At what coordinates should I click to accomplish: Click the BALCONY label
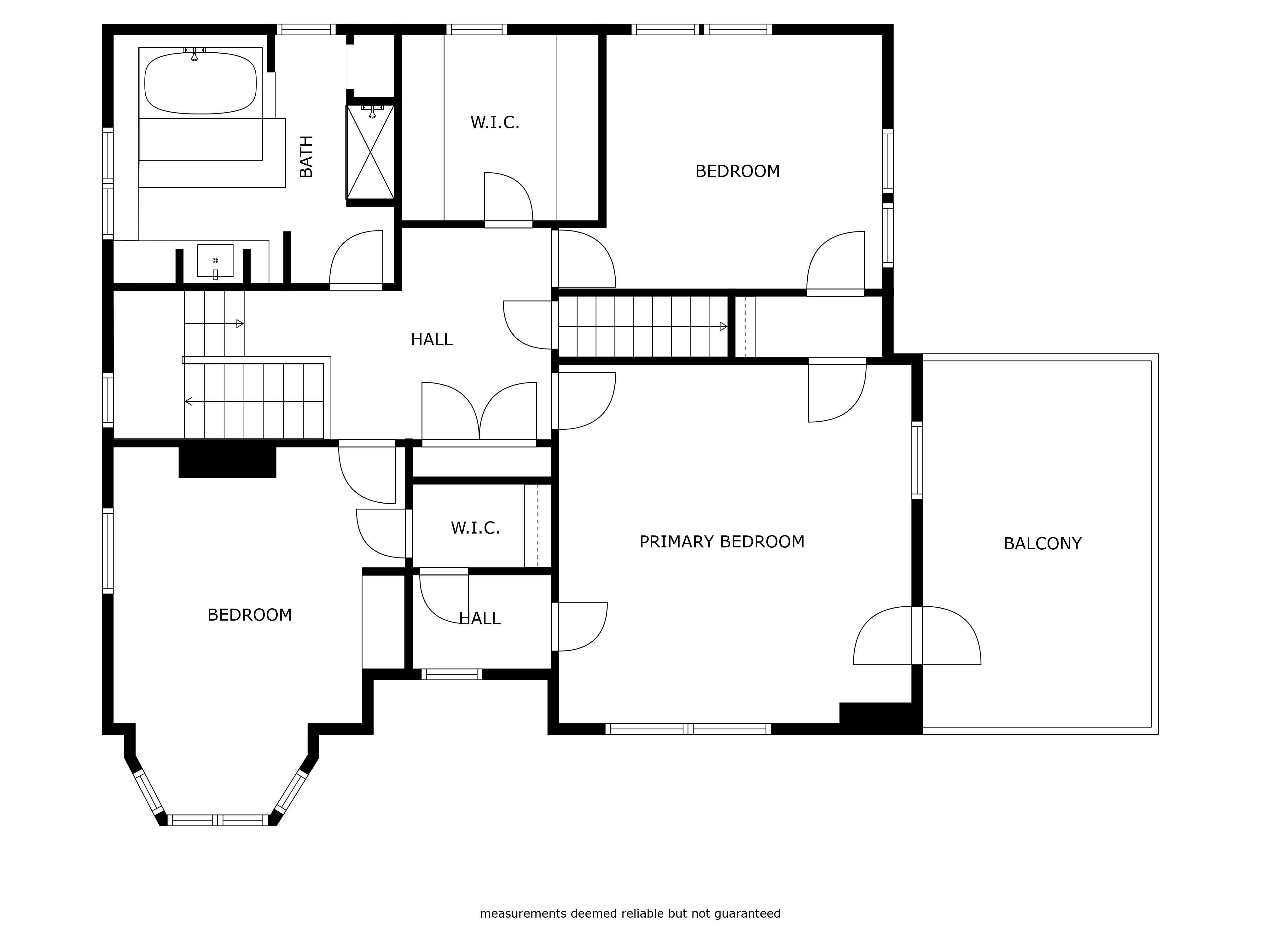pos(1042,543)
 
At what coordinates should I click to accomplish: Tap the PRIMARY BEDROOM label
pos(722,542)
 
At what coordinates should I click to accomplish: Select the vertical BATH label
pos(306,157)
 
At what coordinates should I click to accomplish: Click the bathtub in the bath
pos(200,83)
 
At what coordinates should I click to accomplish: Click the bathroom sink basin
pos(215,260)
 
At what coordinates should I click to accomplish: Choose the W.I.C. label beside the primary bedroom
pos(475,528)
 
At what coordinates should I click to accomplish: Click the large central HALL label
pos(432,340)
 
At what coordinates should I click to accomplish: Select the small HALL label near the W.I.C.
pos(479,618)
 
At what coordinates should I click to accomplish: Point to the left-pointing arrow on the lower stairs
pos(188,401)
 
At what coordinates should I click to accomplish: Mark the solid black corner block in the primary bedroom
pos(880,717)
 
